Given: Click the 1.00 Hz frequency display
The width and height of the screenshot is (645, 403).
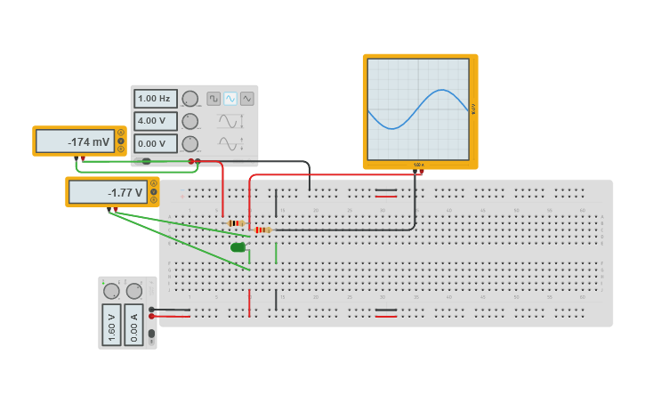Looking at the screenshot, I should click(155, 99).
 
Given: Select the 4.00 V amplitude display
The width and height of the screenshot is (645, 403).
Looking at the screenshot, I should click(155, 121).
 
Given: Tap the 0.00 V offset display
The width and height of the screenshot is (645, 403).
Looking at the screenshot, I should click(155, 143).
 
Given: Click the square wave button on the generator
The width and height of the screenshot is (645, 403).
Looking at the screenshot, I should click(214, 99).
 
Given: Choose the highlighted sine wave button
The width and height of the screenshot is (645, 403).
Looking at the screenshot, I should click(230, 99).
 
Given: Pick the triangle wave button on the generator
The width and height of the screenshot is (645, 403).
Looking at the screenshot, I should click(247, 99).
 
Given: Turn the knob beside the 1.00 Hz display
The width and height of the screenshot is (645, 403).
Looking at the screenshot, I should click(190, 99).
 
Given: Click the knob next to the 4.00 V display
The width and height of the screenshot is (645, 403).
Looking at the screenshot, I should click(190, 121).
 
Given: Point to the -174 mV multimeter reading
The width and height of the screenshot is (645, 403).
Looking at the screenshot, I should click(77, 141).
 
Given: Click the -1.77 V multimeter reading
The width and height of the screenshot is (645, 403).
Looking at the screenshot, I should click(108, 192).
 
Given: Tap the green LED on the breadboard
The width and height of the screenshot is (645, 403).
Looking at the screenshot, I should click(238, 247).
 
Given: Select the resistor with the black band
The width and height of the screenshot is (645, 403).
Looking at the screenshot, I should click(236, 223).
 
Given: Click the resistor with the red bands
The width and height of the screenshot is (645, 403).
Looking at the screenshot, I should click(262, 230).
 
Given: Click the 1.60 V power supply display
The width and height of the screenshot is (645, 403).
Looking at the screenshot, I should click(111, 325).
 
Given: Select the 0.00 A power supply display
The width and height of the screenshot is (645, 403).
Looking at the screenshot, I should click(134, 325).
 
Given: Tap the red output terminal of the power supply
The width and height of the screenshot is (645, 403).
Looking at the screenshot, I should click(152, 316).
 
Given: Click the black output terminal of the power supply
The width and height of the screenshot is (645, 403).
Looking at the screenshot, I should click(152, 309).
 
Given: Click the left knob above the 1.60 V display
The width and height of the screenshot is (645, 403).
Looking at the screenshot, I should click(111, 291).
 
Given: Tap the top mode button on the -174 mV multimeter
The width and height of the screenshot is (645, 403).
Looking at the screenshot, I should click(121, 133).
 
